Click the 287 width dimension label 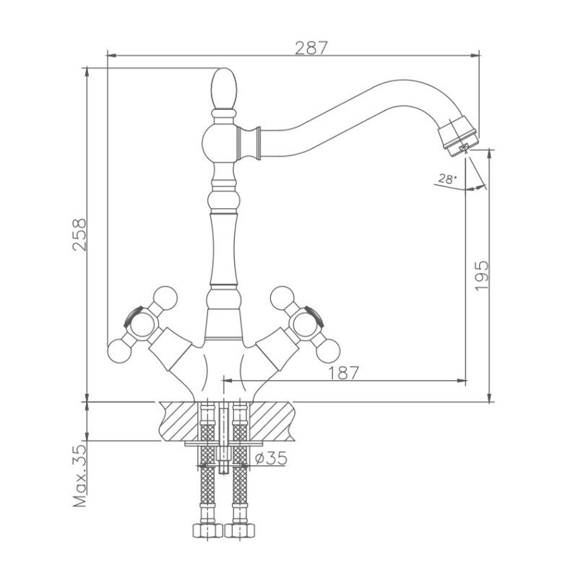pos(311,48)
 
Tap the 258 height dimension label pos(79,235)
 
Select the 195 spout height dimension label pos(481,276)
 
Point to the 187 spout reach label pos(343,373)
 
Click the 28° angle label pos(447,179)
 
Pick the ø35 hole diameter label pos(271,458)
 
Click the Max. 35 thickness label pos(79,476)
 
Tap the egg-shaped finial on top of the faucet pos(224,89)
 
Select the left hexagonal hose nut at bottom pos(207,530)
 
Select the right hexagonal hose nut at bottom pos(240,530)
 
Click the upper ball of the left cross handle pos(165,298)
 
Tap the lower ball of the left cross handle pos(119,351)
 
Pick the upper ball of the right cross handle pos(282,298)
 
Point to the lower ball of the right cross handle pos(328,351)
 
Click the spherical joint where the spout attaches pos(220,142)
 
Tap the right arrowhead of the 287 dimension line pos(475,56)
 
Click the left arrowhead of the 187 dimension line pos(228,381)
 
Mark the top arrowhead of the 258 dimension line pos(87,72)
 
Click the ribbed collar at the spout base pos(249,142)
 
